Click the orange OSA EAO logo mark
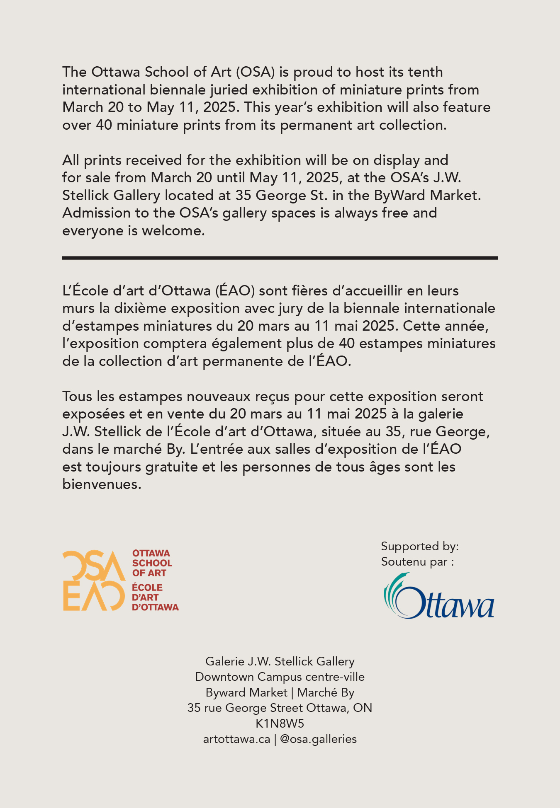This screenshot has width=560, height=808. pos(94,580)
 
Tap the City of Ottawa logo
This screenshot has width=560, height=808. pos(438,597)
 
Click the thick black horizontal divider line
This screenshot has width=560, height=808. pos(280,258)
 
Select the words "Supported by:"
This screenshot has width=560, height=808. pos(420,547)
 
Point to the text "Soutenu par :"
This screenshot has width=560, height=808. pos(417,562)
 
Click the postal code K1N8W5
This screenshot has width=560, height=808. pos(280,723)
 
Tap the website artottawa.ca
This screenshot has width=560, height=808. pos(236,739)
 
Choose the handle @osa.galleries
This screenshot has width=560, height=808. pos(318,739)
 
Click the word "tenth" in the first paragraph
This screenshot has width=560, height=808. pos(425,72)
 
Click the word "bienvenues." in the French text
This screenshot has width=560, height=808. pos(102,484)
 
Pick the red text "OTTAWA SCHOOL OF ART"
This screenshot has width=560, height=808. pos(152,563)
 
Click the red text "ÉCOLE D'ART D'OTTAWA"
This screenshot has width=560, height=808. pos(155,598)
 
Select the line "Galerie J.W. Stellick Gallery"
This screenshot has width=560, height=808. pos(280,661)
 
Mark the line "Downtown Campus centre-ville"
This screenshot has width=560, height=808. pos(280,677)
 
